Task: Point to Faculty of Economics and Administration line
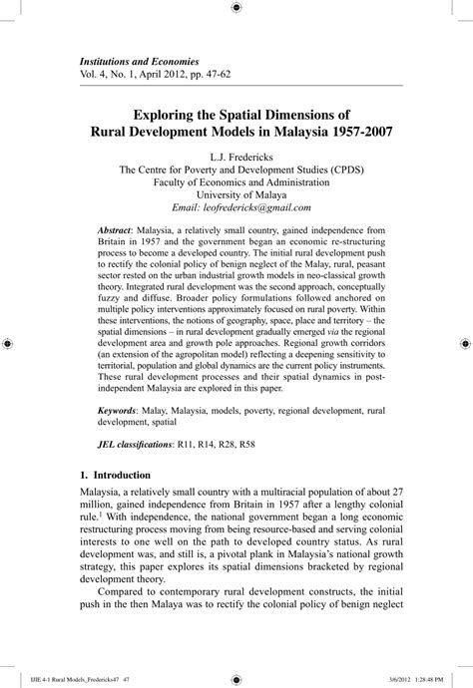[236, 182]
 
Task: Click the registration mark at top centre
[236, 8]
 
